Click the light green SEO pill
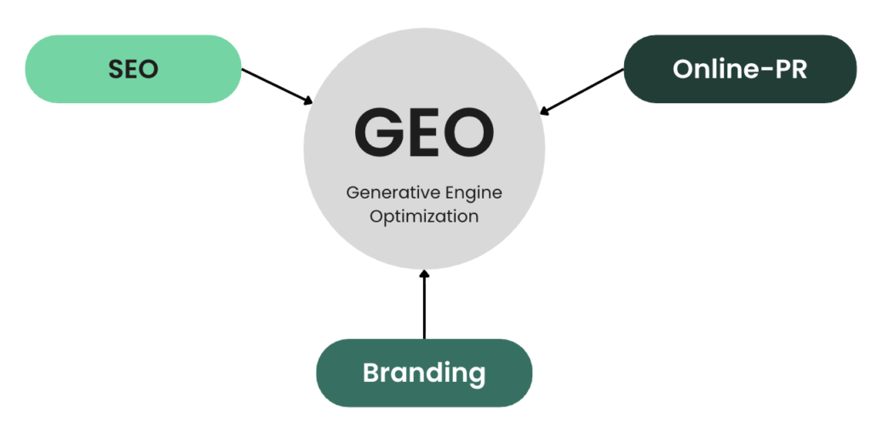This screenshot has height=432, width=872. [x=134, y=69]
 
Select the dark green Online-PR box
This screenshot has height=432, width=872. [x=740, y=69]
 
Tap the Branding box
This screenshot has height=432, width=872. [x=424, y=372]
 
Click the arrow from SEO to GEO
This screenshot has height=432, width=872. [x=278, y=86]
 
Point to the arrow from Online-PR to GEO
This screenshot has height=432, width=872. [x=582, y=92]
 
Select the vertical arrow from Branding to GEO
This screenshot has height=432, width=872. [x=424, y=304]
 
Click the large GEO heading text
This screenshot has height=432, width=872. [x=424, y=133]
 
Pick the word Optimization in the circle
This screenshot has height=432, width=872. [x=424, y=216]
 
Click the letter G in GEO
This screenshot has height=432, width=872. [x=378, y=133]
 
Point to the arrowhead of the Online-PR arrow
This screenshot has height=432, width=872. [x=545, y=112]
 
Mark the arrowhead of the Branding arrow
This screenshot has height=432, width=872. [x=424, y=274]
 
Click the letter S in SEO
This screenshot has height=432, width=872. [x=115, y=70]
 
